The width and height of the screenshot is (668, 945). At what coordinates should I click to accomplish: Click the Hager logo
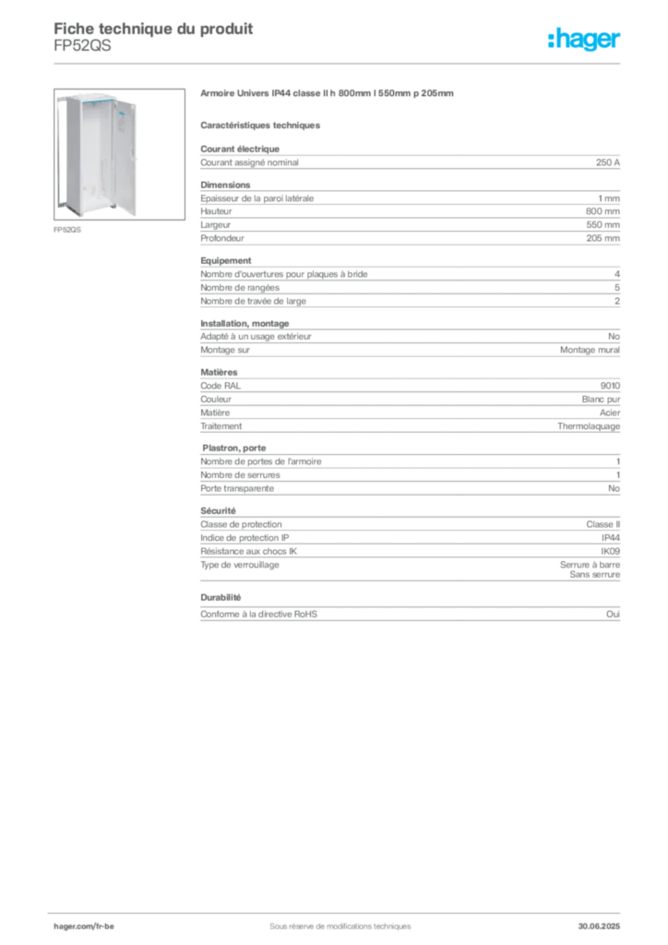584,39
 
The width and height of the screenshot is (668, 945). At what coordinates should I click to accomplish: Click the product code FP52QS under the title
82,46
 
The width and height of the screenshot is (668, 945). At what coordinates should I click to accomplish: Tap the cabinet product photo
119,154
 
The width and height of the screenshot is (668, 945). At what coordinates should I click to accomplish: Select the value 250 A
608,162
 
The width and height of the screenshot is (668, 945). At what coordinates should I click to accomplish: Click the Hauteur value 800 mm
602,211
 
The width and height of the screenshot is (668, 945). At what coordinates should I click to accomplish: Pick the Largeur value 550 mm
602,224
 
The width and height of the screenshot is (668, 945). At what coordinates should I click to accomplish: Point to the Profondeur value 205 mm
602,238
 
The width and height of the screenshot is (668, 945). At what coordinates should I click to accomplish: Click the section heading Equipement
226,260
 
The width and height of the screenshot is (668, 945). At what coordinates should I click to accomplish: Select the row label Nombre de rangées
240,288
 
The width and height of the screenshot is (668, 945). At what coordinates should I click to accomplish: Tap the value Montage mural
590,350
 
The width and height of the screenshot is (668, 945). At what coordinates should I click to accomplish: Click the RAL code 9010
610,386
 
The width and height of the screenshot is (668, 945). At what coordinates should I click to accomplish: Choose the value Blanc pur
601,399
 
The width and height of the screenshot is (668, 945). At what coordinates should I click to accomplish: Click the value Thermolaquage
589,426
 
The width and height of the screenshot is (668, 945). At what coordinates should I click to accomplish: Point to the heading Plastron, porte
233,448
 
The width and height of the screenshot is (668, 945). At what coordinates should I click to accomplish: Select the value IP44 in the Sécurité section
610,538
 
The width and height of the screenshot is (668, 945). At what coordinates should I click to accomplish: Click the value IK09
610,551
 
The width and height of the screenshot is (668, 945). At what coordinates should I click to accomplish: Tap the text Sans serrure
594,574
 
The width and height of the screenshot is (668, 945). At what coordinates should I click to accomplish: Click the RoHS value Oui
614,614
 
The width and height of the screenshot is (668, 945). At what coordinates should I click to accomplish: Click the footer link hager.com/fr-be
84,926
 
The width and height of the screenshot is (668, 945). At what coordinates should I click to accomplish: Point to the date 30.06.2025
599,926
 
